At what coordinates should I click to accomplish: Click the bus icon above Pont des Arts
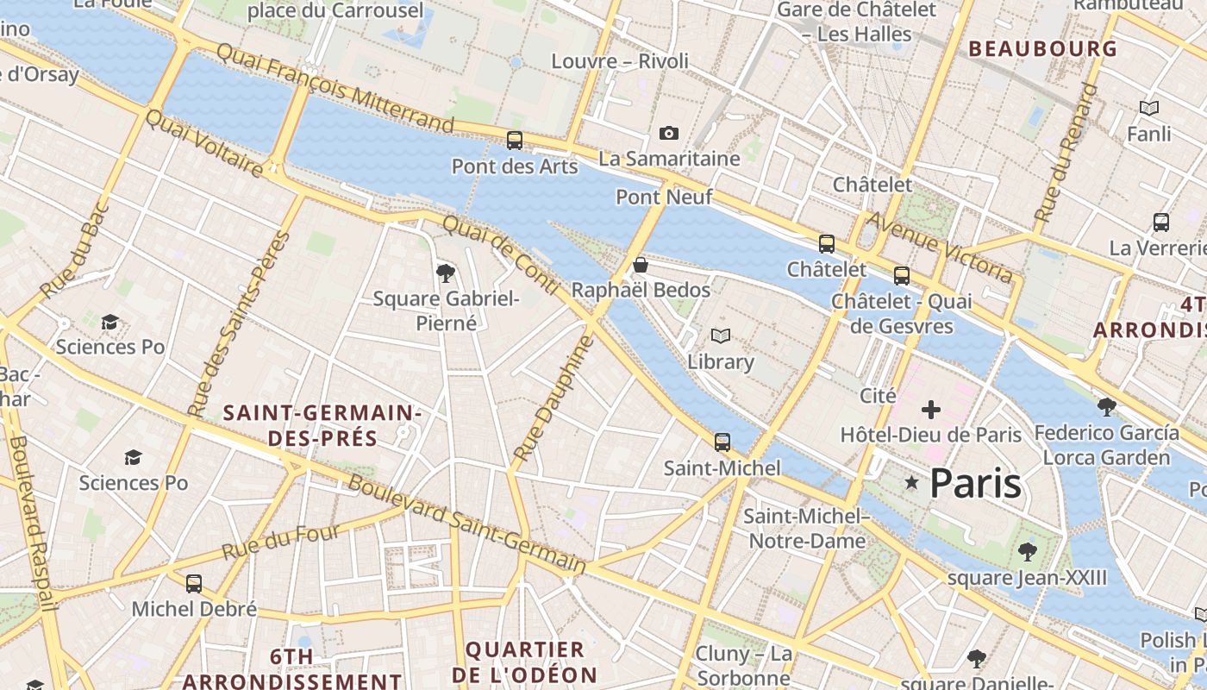(x=515, y=140)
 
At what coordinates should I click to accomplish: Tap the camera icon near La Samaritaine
(x=668, y=133)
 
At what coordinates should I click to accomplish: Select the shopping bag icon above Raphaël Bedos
(x=641, y=264)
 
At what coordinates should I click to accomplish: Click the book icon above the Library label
(x=721, y=336)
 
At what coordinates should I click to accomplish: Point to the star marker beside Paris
(x=911, y=483)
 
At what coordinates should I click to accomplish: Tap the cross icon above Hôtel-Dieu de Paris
(x=931, y=409)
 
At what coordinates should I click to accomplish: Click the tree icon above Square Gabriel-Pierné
(x=446, y=273)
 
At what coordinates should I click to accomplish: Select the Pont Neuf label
(x=664, y=198)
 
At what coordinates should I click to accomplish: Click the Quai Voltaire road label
(x=204, y=143)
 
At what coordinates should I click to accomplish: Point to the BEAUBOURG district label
(x=1042, y=48)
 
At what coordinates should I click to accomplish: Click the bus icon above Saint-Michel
(x=722, y=442)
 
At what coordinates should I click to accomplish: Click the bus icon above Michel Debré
(x=194, y=584)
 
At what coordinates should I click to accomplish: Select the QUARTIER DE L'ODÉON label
(x=531, y=662)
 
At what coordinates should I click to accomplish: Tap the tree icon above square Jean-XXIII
(x=1027, y=550)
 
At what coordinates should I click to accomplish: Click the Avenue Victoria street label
(x=939, y=247)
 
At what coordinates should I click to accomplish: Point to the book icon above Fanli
(x=1149, y=108)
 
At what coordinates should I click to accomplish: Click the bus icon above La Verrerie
(x=1161, y=222)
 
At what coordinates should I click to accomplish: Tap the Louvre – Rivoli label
(x=620, y=61)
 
